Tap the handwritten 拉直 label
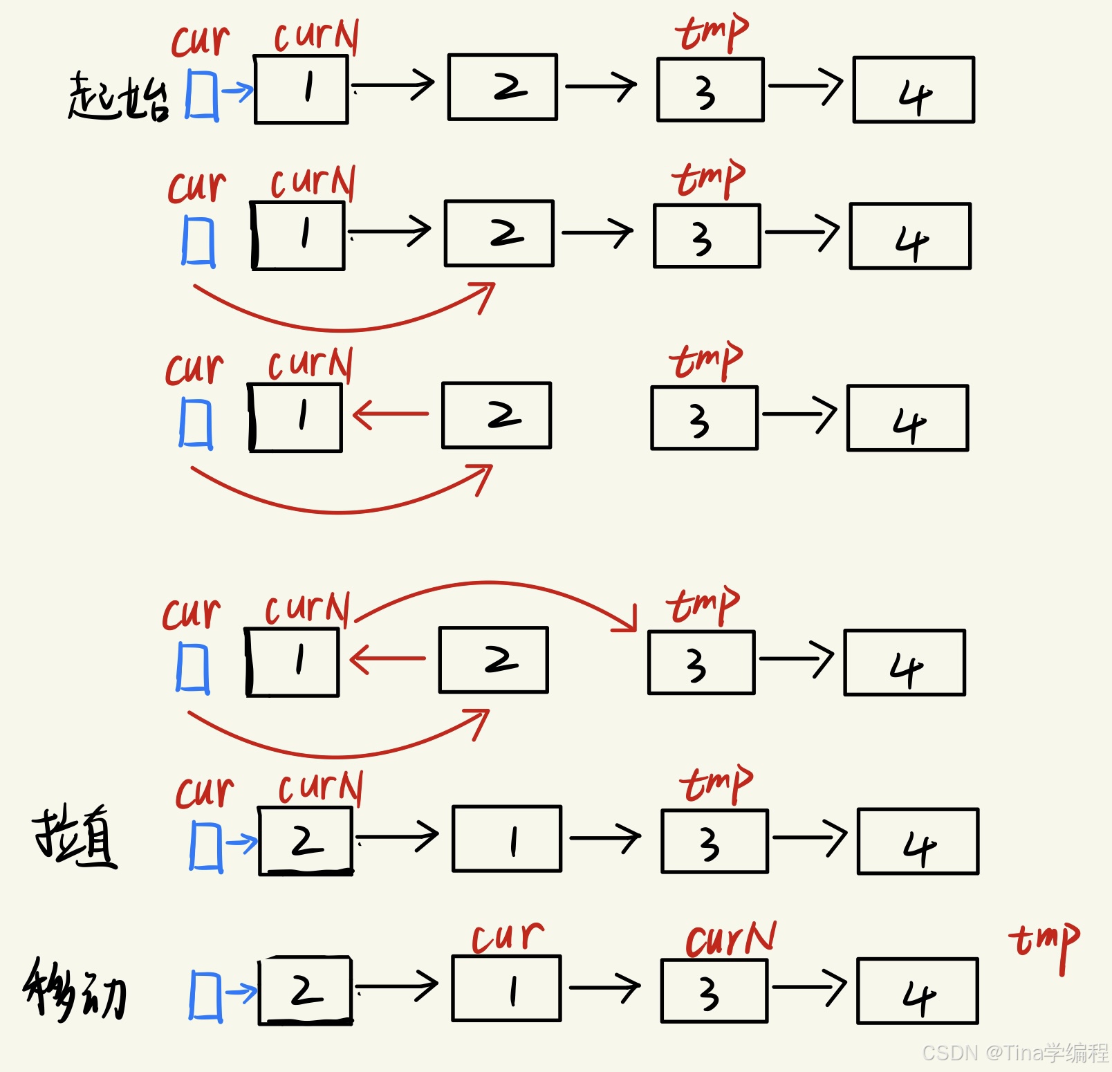pyautogui.click(x=75, y=835)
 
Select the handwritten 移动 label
pyautogui.click(x=75, y=989)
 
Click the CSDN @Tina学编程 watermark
pyautogui.click(x=1014, y=1053)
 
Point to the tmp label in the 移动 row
pyautogui.click(x=1044, y=943)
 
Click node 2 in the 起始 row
pyautogui.click(x=503, y=87)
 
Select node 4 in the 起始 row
pyautogui.click(x=914, y=90)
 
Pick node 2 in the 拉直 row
pyautogui.click(x=306, y=840)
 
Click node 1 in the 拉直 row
pyautogui.click(x=507, y=839)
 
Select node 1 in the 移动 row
pyautogui.click(x=507, y=989)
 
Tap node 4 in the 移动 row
pyautogui.click(x=918, y=991)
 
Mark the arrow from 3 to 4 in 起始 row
pyautogui.click(x=806, y=86)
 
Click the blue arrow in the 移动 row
pyautogui.click(x=241, y=992)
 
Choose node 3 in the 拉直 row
pyautogui.click(x=714, y=841)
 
